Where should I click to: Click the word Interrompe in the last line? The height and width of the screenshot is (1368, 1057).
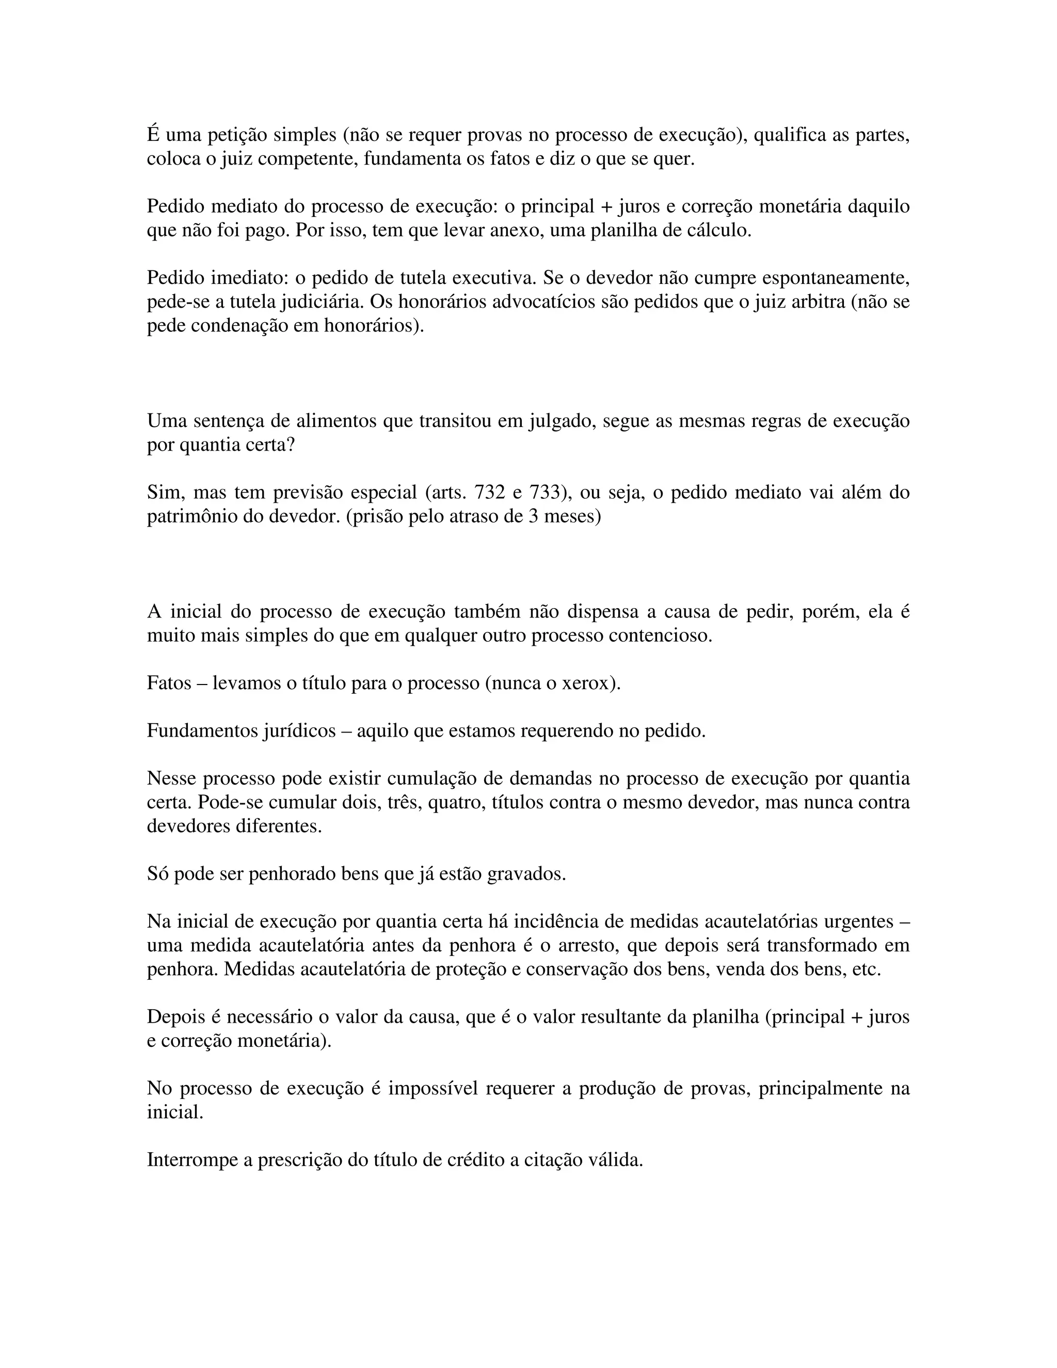[191, 1160]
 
